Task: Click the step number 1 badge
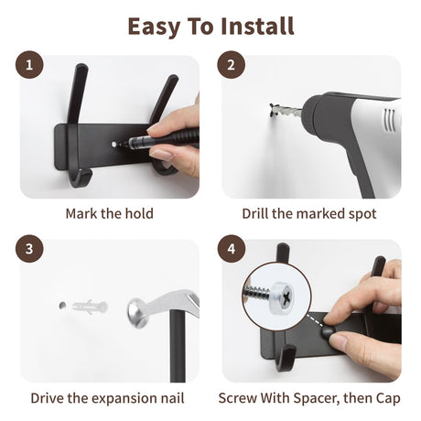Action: click(x=29, y=65)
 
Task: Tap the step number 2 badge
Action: click(x=231, y=65)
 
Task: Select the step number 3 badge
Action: click(x=29, y=249)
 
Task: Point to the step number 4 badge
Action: click(x=231, y=249)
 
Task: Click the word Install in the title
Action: click(x=257, y=26)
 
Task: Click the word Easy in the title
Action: click(x=154, y=27)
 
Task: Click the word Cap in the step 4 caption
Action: click(x=388, y=398)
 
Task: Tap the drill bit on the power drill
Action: click(x=286, y=110)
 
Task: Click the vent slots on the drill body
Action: click(x=390, y=120)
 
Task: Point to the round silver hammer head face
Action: click(x=135, y=313)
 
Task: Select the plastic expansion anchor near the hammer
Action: click(x=90, y=307)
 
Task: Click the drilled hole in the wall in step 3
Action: click(x=62, y=305)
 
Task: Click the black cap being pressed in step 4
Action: click(x=329, y=331)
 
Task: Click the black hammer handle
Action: click(x=178, y=346)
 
